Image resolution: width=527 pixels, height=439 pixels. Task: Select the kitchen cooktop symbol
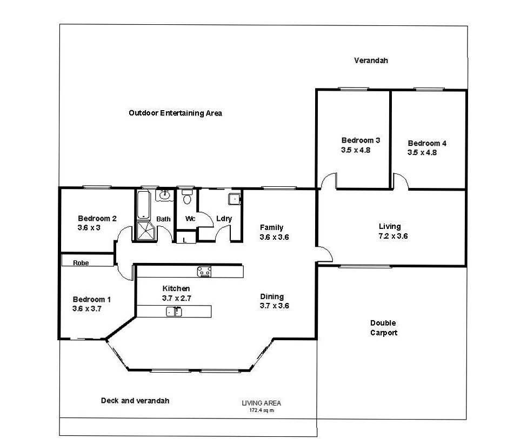(204, 271)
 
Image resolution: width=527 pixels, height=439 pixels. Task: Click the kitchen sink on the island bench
(174, 311)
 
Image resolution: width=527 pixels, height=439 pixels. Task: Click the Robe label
(81, 263)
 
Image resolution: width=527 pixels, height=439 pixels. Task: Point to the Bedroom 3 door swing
(328, 182)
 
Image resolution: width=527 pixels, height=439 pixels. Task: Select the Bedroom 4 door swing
(400, 182)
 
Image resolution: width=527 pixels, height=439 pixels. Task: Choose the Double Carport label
(383, 328)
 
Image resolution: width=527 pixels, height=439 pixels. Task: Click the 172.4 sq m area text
(261, 410)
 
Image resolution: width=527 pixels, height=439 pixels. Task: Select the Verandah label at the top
(371, 60)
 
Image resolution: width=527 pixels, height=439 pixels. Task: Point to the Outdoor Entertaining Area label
(175, 113)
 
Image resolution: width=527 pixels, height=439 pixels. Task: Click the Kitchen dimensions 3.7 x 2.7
(176, 298)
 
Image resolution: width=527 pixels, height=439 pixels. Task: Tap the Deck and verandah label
(135, 401)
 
